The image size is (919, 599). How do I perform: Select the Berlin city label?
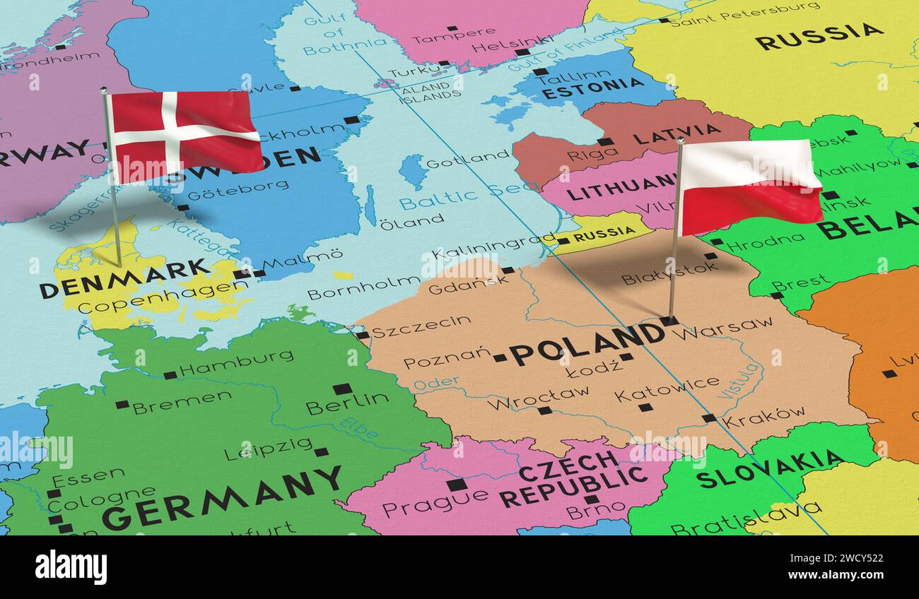pyautogui.click(x=347, y=403)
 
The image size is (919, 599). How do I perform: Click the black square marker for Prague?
pyautogui.click(x=456, y=485)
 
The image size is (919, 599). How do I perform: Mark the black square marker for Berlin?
pyautogui.click(x=342, y=389)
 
